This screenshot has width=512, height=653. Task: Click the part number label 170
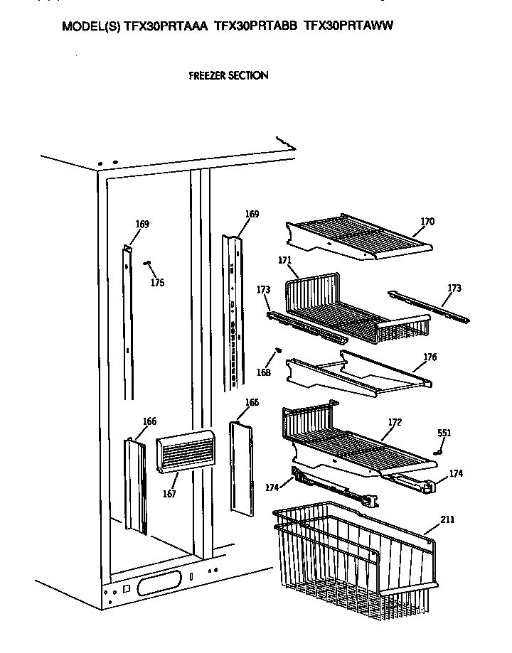point(427,222)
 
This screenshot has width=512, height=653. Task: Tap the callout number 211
point(447,519)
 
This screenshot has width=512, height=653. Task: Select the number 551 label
point(444,433)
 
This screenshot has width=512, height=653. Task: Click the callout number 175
point(157,283)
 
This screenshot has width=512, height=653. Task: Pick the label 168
point(264,373)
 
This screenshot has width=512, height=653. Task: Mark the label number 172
point(395,422)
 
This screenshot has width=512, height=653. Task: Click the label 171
point(285,260)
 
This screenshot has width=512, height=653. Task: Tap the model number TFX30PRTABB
point(257,26)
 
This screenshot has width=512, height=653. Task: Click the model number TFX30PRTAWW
point(348,26)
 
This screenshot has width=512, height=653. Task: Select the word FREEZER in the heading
point(207,75)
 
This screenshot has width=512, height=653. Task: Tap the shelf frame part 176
point(356,373)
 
